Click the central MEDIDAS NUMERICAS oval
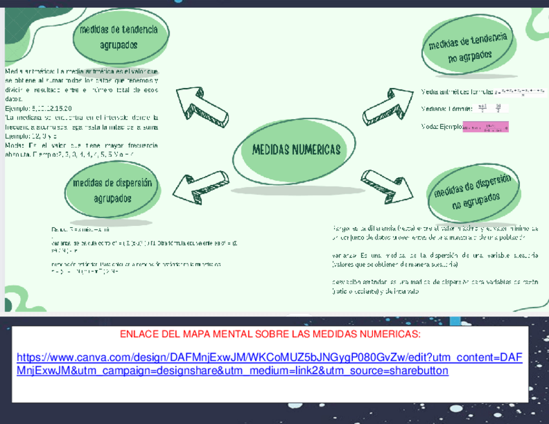click(x=295, y=150)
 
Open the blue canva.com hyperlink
click(x=269, y=364)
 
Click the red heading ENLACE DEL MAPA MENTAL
click(x=270, y=334)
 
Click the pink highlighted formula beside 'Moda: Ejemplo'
click(x=486, y=127)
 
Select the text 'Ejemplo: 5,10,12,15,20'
click(x=38, y=108)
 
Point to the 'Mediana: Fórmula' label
click(x=446, y=109)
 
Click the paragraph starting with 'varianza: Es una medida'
click(x=434, y=260)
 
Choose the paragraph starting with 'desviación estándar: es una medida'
click(x=434, y=286)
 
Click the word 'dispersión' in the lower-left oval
click(x=130, y=183)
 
